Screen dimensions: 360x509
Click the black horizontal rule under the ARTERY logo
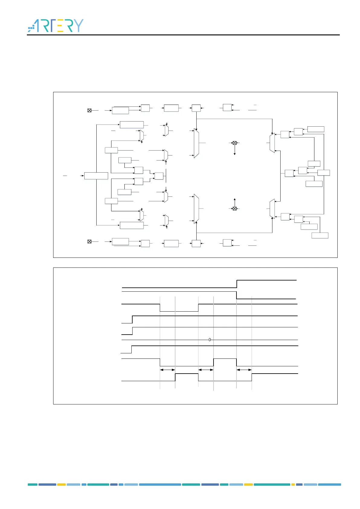(x=183, y=35)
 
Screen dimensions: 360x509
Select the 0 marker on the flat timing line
(x=210, y=340)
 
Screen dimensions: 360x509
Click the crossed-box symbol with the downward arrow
(x=235, y=143)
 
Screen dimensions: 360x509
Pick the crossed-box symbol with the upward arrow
(x=235, y=208)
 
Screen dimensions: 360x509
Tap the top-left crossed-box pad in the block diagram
(x=89, y=110)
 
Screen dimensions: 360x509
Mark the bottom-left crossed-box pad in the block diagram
(x=89, y=242)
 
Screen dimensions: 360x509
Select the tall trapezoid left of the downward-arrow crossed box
(x=196, y=143)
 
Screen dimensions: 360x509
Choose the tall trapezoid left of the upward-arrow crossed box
(x=196, y=209)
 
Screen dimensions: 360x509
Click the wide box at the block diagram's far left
(x=96, y=176)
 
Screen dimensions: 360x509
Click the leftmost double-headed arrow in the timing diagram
(x=167, y=370)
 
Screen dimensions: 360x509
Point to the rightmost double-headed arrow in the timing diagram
(x=244, y=370)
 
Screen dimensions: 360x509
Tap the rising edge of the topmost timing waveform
(x=237, y=284)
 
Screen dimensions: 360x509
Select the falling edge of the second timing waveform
(x=236, y=295)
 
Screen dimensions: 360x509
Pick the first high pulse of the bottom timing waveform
(x=187, y=374)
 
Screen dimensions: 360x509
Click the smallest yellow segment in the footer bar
(x=293, y=485)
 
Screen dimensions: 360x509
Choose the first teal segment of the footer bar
(x=33, y=485)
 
